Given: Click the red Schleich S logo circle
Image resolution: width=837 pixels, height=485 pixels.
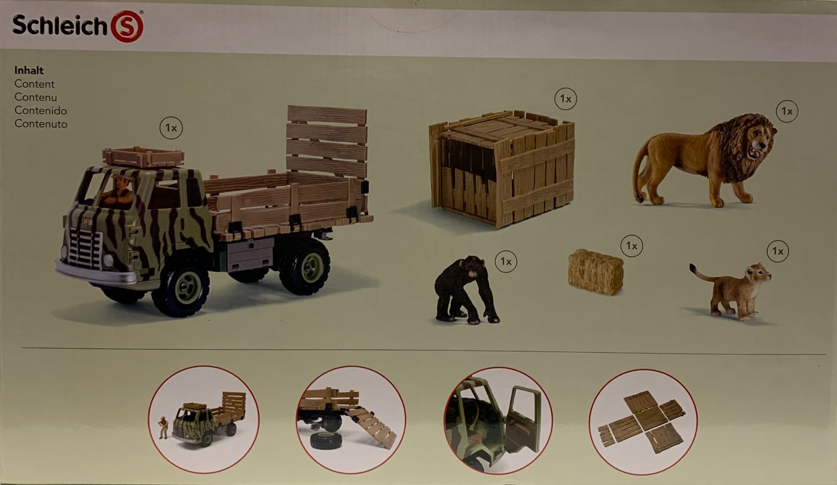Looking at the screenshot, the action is pyautogui.click(x=127, y=26).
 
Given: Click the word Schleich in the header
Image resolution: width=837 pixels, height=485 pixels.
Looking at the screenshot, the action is pyautogui.click(x=60, y=25).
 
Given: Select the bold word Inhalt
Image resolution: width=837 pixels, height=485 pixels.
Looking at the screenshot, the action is pyautogui.click(x=29, y=70).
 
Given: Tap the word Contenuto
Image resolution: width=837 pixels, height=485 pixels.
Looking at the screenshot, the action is pyautogui.click(x=40, y=124).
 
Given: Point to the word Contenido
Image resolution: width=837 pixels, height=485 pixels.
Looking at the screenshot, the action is pyautogui.click(x=40, y=111).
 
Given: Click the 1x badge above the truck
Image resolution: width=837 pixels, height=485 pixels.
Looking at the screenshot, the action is pyautogui.click(x=171, y=128).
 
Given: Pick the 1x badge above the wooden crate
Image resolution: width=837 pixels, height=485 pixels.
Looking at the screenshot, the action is pyautogui.click(x=565, y=99).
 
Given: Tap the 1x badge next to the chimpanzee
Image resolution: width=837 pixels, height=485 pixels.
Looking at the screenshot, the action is pyautogui.click(x=506, y=261).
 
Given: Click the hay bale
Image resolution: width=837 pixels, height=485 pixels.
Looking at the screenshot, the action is pyautogui.click(x=596, y=272).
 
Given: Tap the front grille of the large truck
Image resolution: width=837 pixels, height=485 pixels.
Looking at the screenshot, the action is pyautogui.click(x=85, y=247).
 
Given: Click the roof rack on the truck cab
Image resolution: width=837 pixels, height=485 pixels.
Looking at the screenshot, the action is pyautogui.click(x=143, y=157).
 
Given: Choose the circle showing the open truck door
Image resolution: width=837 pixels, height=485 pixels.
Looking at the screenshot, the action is pyautogui.click(x=498, y=421).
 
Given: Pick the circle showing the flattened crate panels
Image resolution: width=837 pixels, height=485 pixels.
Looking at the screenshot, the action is pyautogui.click(x=642, y=422).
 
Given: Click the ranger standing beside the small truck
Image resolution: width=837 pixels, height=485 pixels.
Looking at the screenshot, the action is pyautogui.click(x=163, y=428).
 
